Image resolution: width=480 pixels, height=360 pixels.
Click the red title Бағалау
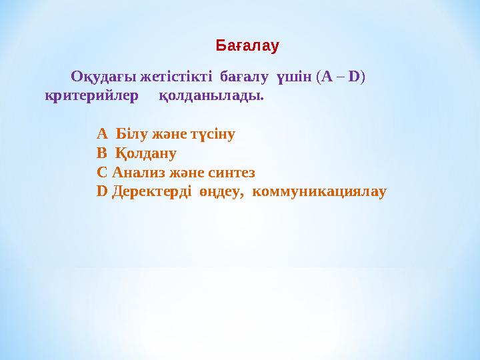[247, 46]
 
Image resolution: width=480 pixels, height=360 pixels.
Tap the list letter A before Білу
[102, 133]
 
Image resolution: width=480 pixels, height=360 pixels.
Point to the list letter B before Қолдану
[101, 153]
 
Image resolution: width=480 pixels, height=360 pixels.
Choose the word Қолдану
[145, 153]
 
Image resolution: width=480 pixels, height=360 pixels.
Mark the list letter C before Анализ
[102, 172]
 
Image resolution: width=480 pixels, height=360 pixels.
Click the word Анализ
[137, 172]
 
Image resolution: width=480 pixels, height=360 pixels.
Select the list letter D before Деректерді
[102, 191]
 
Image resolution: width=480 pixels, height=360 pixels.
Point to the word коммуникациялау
[321, 191]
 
